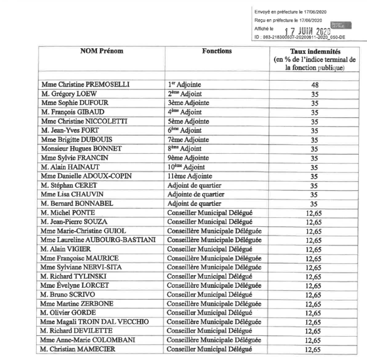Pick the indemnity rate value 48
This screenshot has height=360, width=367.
pyautogui.click(x=314, y=85)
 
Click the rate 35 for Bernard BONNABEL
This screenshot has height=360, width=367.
pyautogui.click(x=314, y=204)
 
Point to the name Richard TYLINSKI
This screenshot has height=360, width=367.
pyautogui.click(x=74, y=276)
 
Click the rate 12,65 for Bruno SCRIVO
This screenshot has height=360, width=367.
pyautogui.click(x=314, y=295)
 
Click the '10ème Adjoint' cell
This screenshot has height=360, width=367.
pyautogui.click(x=186, y=167)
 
